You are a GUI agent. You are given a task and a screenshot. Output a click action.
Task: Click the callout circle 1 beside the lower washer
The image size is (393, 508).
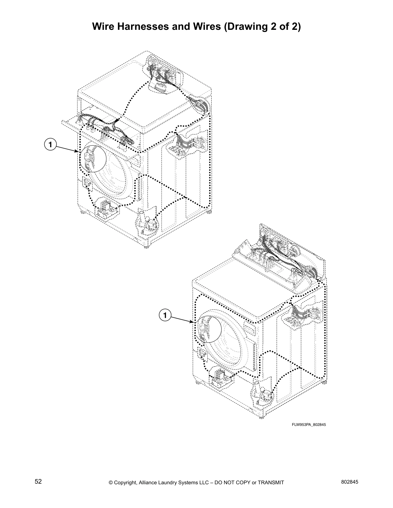(165, 316)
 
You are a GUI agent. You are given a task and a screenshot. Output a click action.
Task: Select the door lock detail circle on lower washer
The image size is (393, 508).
(208, 330)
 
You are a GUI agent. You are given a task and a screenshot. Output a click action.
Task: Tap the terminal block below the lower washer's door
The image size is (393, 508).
(221, 377)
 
